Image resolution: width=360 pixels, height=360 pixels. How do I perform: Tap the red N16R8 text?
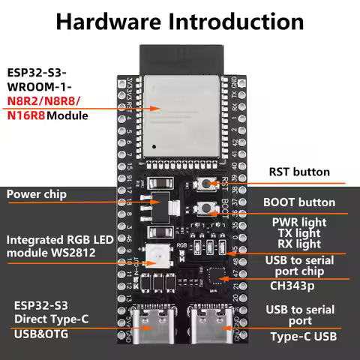(25, 116)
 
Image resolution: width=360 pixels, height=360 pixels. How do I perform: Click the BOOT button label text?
(299, 202)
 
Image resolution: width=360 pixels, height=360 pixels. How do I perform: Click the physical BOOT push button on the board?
(204, 208)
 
